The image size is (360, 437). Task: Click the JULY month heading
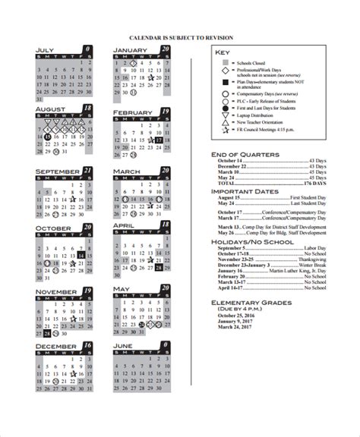point(46,52)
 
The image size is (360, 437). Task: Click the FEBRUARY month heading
point(134,112)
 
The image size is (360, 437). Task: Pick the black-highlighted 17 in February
point(158,140)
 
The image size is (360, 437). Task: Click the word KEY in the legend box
point(222,52)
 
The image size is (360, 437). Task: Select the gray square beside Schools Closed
point(225,64)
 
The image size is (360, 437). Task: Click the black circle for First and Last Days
point(225,108)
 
